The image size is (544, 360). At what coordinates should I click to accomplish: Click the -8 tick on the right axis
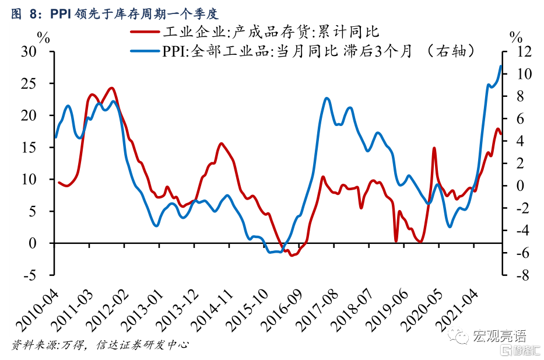pyautogui.click(x=516, y=275)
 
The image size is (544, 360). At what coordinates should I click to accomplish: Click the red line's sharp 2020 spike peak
pyautogui.click(x=434, y=148)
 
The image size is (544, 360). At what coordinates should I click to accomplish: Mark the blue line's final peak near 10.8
pyautogui.click(x=501, y=65)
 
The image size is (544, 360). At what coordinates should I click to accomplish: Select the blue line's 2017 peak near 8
pyautogui.click(x=327, y=98)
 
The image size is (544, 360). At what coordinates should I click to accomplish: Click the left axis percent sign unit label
pyautogui.click(x=43, y=38)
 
